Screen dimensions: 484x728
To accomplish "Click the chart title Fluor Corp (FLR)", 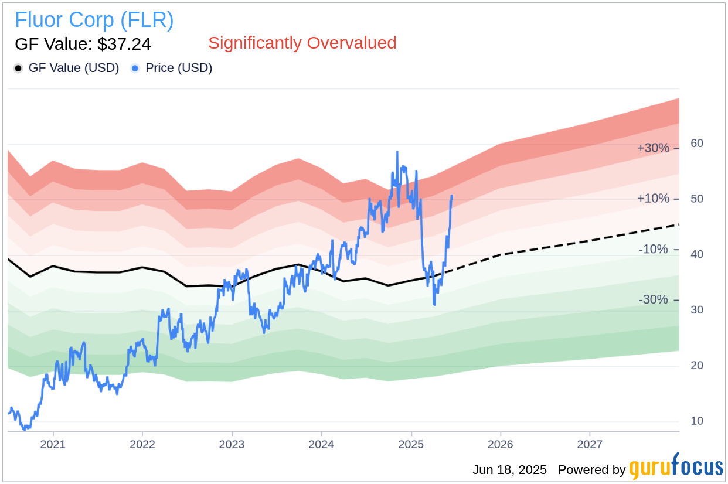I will pos(94,20).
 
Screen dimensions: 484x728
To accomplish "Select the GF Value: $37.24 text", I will pos(83,44).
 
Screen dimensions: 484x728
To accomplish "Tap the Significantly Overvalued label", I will pos(302,43).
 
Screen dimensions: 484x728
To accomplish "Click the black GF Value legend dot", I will pos(18,69).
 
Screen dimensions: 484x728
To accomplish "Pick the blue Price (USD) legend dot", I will pos(135,69).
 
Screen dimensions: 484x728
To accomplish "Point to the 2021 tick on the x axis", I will pos(53,444).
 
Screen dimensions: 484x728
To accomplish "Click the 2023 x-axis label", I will pos(232,444).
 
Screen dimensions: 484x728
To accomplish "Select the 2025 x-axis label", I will pos(411,444).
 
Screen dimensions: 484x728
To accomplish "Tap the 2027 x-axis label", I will pos(590,444).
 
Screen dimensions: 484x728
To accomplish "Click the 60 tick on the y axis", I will pos(697,144).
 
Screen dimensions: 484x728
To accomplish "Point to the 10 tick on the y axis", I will pos(697,421).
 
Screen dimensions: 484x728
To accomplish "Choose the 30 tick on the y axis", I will pos(697,310).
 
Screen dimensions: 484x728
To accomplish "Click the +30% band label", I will pos(653,148).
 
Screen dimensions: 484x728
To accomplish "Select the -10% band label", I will pos(653,250).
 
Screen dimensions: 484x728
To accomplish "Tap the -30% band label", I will pos(653,300).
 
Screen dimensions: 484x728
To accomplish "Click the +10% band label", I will pos(653,199).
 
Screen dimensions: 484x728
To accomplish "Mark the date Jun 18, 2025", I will pos(509,470).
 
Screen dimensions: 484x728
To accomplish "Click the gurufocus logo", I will pos(676,468).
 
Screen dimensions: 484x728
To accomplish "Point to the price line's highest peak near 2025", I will pos(397,152).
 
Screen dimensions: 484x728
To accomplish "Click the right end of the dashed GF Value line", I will pos(678,224).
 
